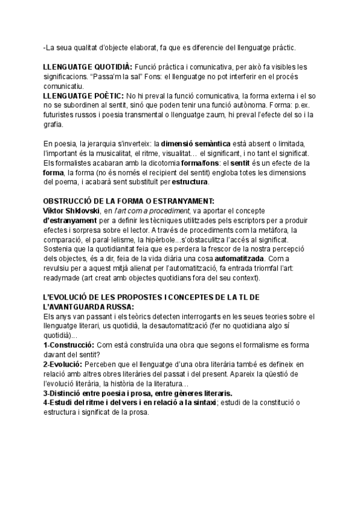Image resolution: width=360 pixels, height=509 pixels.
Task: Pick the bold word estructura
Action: (x=190, y=182)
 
